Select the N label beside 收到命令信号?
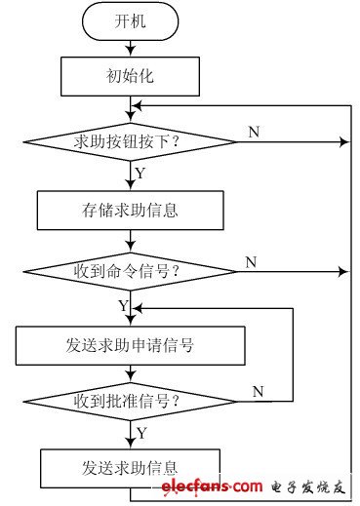click(251, 261)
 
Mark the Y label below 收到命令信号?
click(123, 306)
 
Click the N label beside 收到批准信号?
click(258, 391)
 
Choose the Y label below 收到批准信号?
click(140, 431)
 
